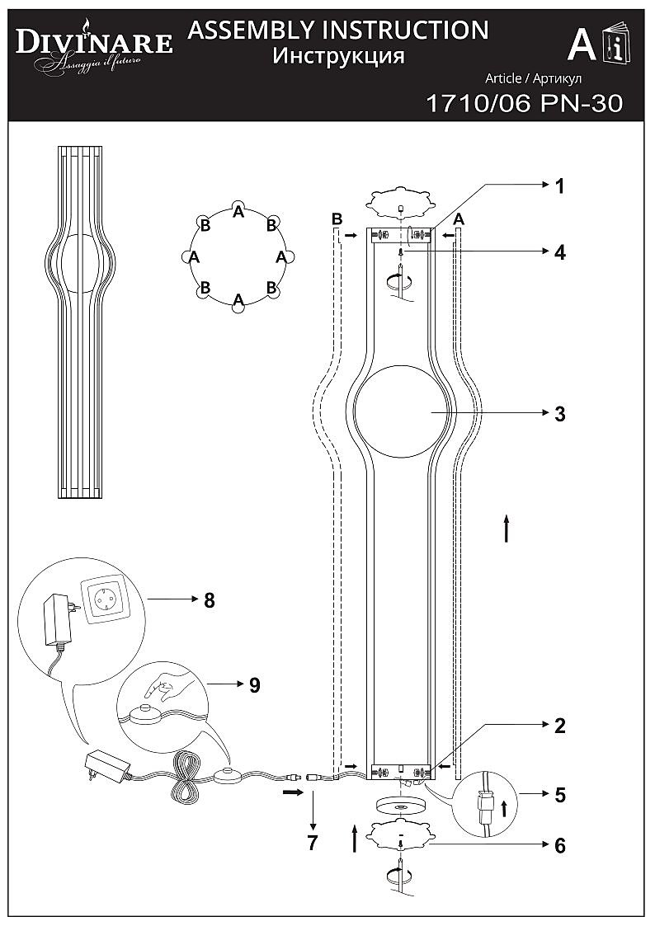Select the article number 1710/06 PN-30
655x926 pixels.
click(x=521, y=104)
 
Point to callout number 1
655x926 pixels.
click(x=559, y=187)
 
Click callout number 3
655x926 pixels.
click(x=559, y=413)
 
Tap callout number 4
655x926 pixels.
click(x=559, y=252)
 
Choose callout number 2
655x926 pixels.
click(x=559, y=726)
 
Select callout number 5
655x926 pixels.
click(x=559, y=796)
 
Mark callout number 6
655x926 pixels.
click(x=559, y=846)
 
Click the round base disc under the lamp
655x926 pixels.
click(x=400, y=804)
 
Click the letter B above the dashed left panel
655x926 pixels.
click(x=337, y=219)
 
